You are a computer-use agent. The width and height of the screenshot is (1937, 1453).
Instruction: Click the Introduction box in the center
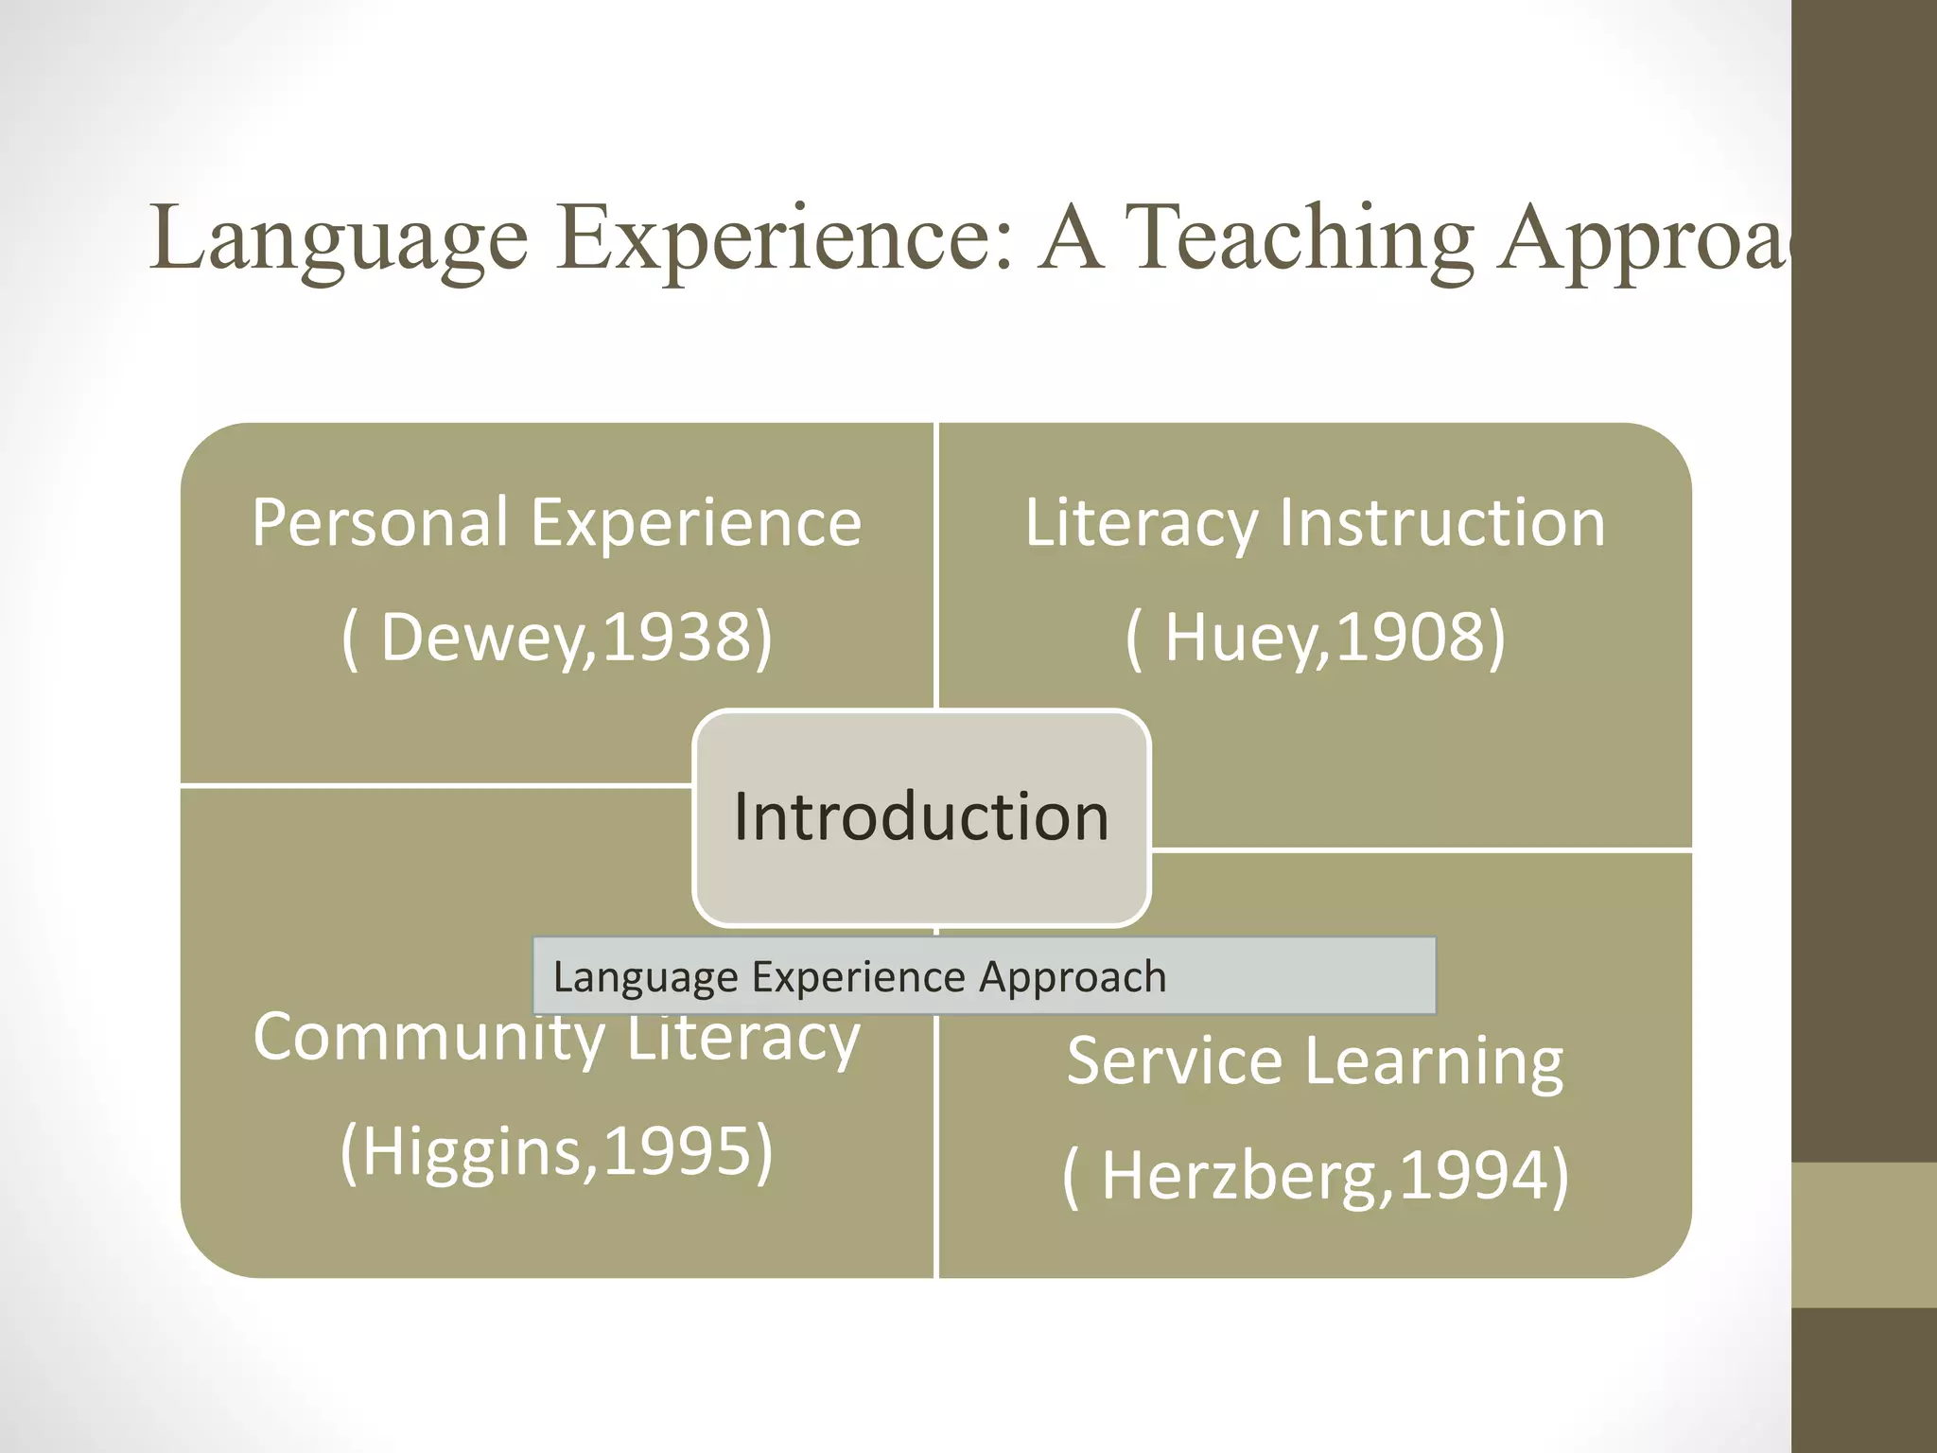[x=921, y=816]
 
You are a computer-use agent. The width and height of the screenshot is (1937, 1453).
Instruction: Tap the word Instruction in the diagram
[x=1441, y=523]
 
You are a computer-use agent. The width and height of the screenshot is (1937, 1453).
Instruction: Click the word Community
[x=428, y=1039]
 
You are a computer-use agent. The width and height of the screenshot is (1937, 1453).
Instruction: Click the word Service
[x=1174, y=1061]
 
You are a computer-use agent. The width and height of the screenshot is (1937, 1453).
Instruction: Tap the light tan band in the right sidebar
[x=1864, y=1235]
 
